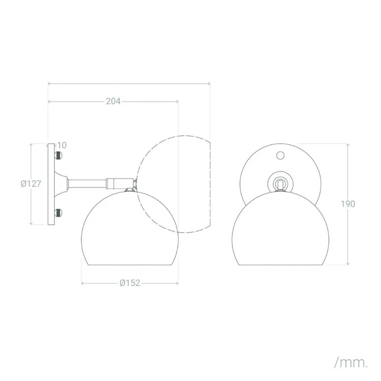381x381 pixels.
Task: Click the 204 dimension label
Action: (113, 101)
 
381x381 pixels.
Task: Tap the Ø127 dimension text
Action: (30, 184)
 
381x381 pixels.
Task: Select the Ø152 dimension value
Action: (130, 283)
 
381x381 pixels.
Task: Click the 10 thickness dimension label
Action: (62, 145)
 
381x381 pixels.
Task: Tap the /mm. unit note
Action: (351, 363)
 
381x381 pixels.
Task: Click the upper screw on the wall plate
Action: (59, 155)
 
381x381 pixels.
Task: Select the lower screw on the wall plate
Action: (59, 213)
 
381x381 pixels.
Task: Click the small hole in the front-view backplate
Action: (281, 154)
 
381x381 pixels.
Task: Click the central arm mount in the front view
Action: (280, 183)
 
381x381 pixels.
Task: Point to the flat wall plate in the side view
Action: (51, 184)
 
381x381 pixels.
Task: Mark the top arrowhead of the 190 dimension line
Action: (348, 145)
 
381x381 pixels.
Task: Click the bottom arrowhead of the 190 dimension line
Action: (348, 264)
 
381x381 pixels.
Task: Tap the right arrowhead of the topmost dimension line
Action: (209, 83)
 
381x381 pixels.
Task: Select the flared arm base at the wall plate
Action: (63, 184)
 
